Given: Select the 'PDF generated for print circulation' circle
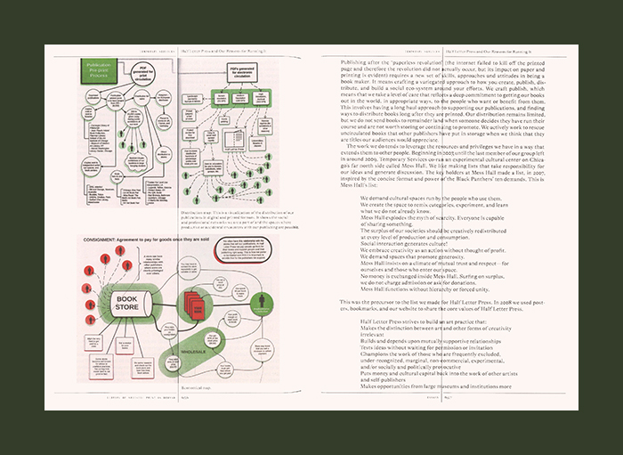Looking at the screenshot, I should (145, 76).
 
